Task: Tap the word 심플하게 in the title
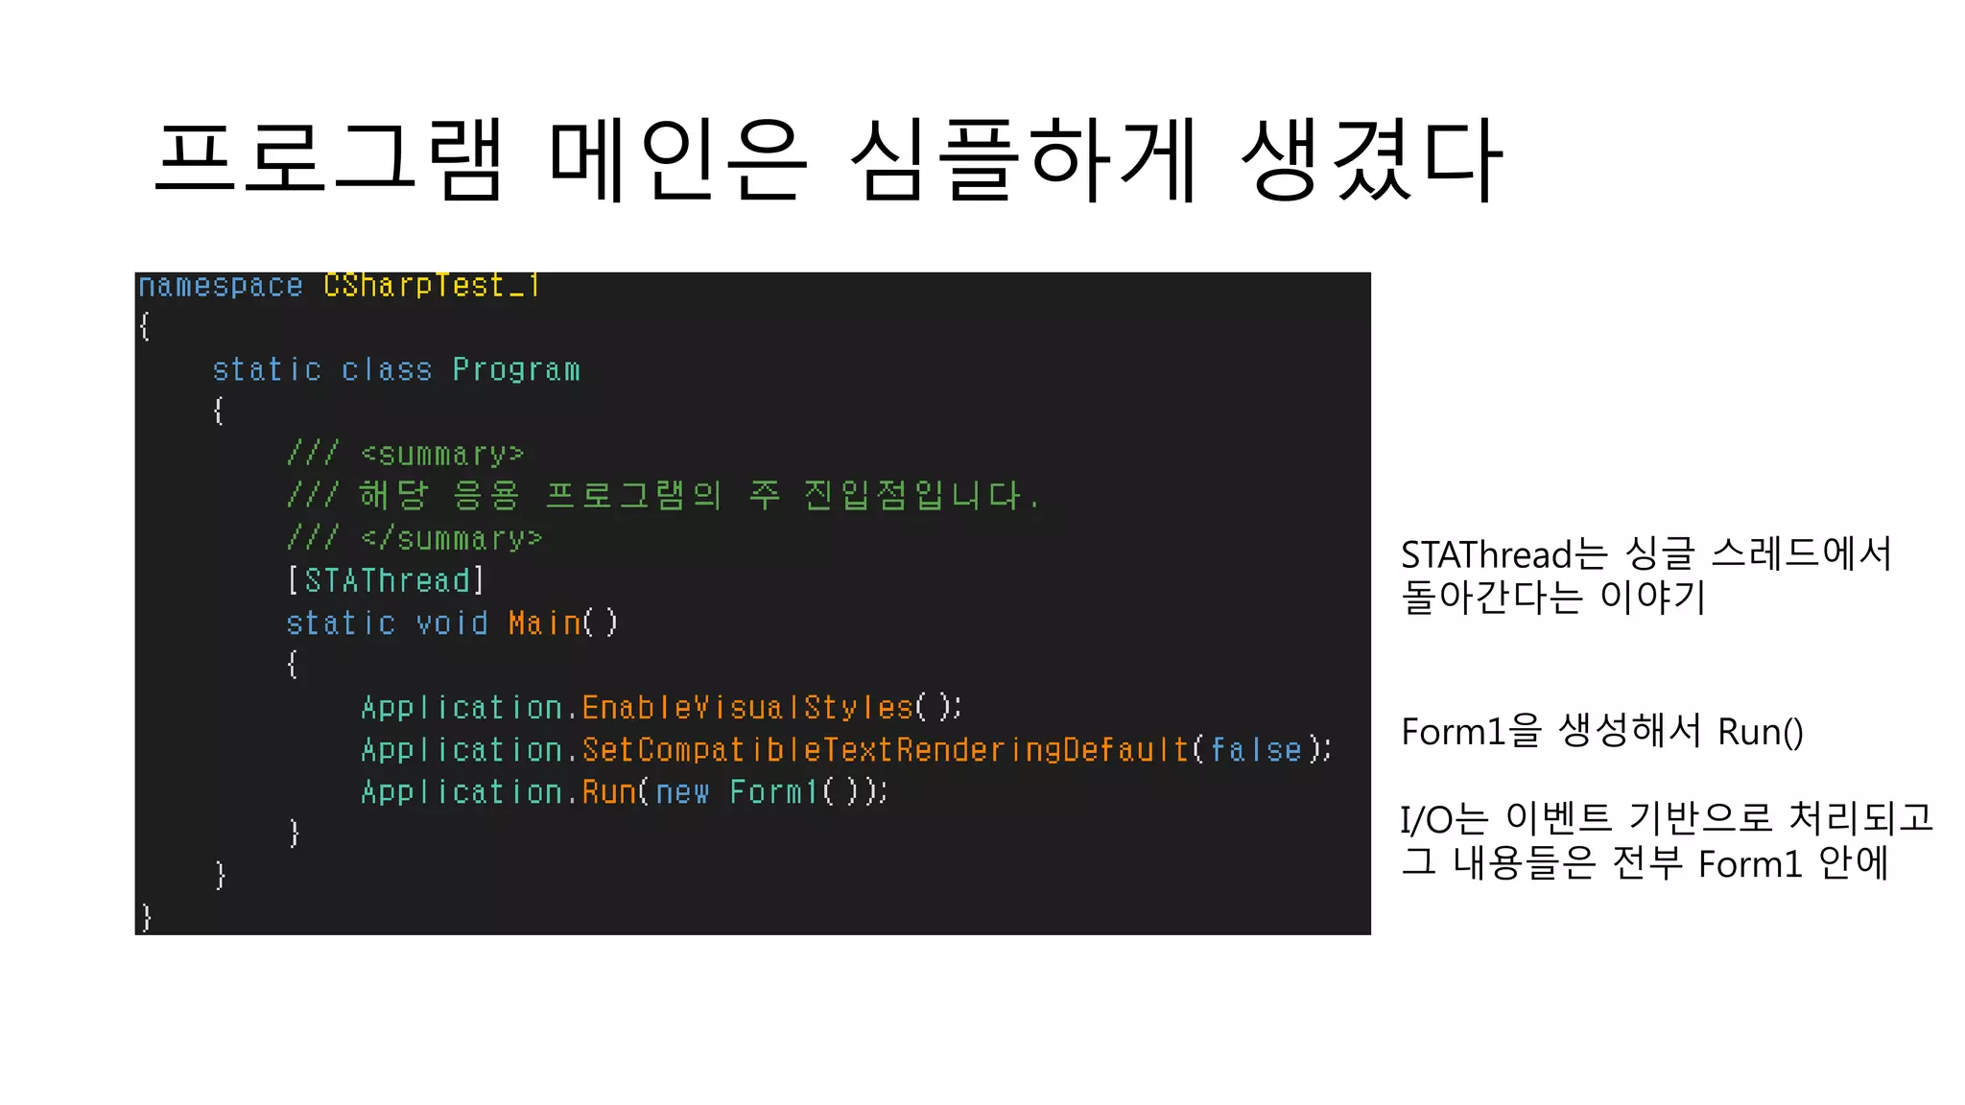[x=1024, y=159]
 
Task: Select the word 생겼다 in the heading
[x=1371, y=159]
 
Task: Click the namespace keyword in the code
[x=221, y=286]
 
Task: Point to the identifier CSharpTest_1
[x=432, y=286]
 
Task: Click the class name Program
[x=516, y=370]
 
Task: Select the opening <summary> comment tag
[x=442, y=455]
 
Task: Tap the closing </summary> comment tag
[x=452, y=539]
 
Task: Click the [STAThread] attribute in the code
[x=386, y=581]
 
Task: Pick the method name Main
[x=544, y=623]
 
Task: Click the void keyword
[x=452, y=623]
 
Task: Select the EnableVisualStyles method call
[x=747, y=708]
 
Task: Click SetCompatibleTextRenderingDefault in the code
[x=886, y=750]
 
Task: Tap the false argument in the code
[x=1255, y=750]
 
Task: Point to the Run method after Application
[x=609, y=792]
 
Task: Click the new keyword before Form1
[x=682, y=792]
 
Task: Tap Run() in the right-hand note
[x=1760, y=732]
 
